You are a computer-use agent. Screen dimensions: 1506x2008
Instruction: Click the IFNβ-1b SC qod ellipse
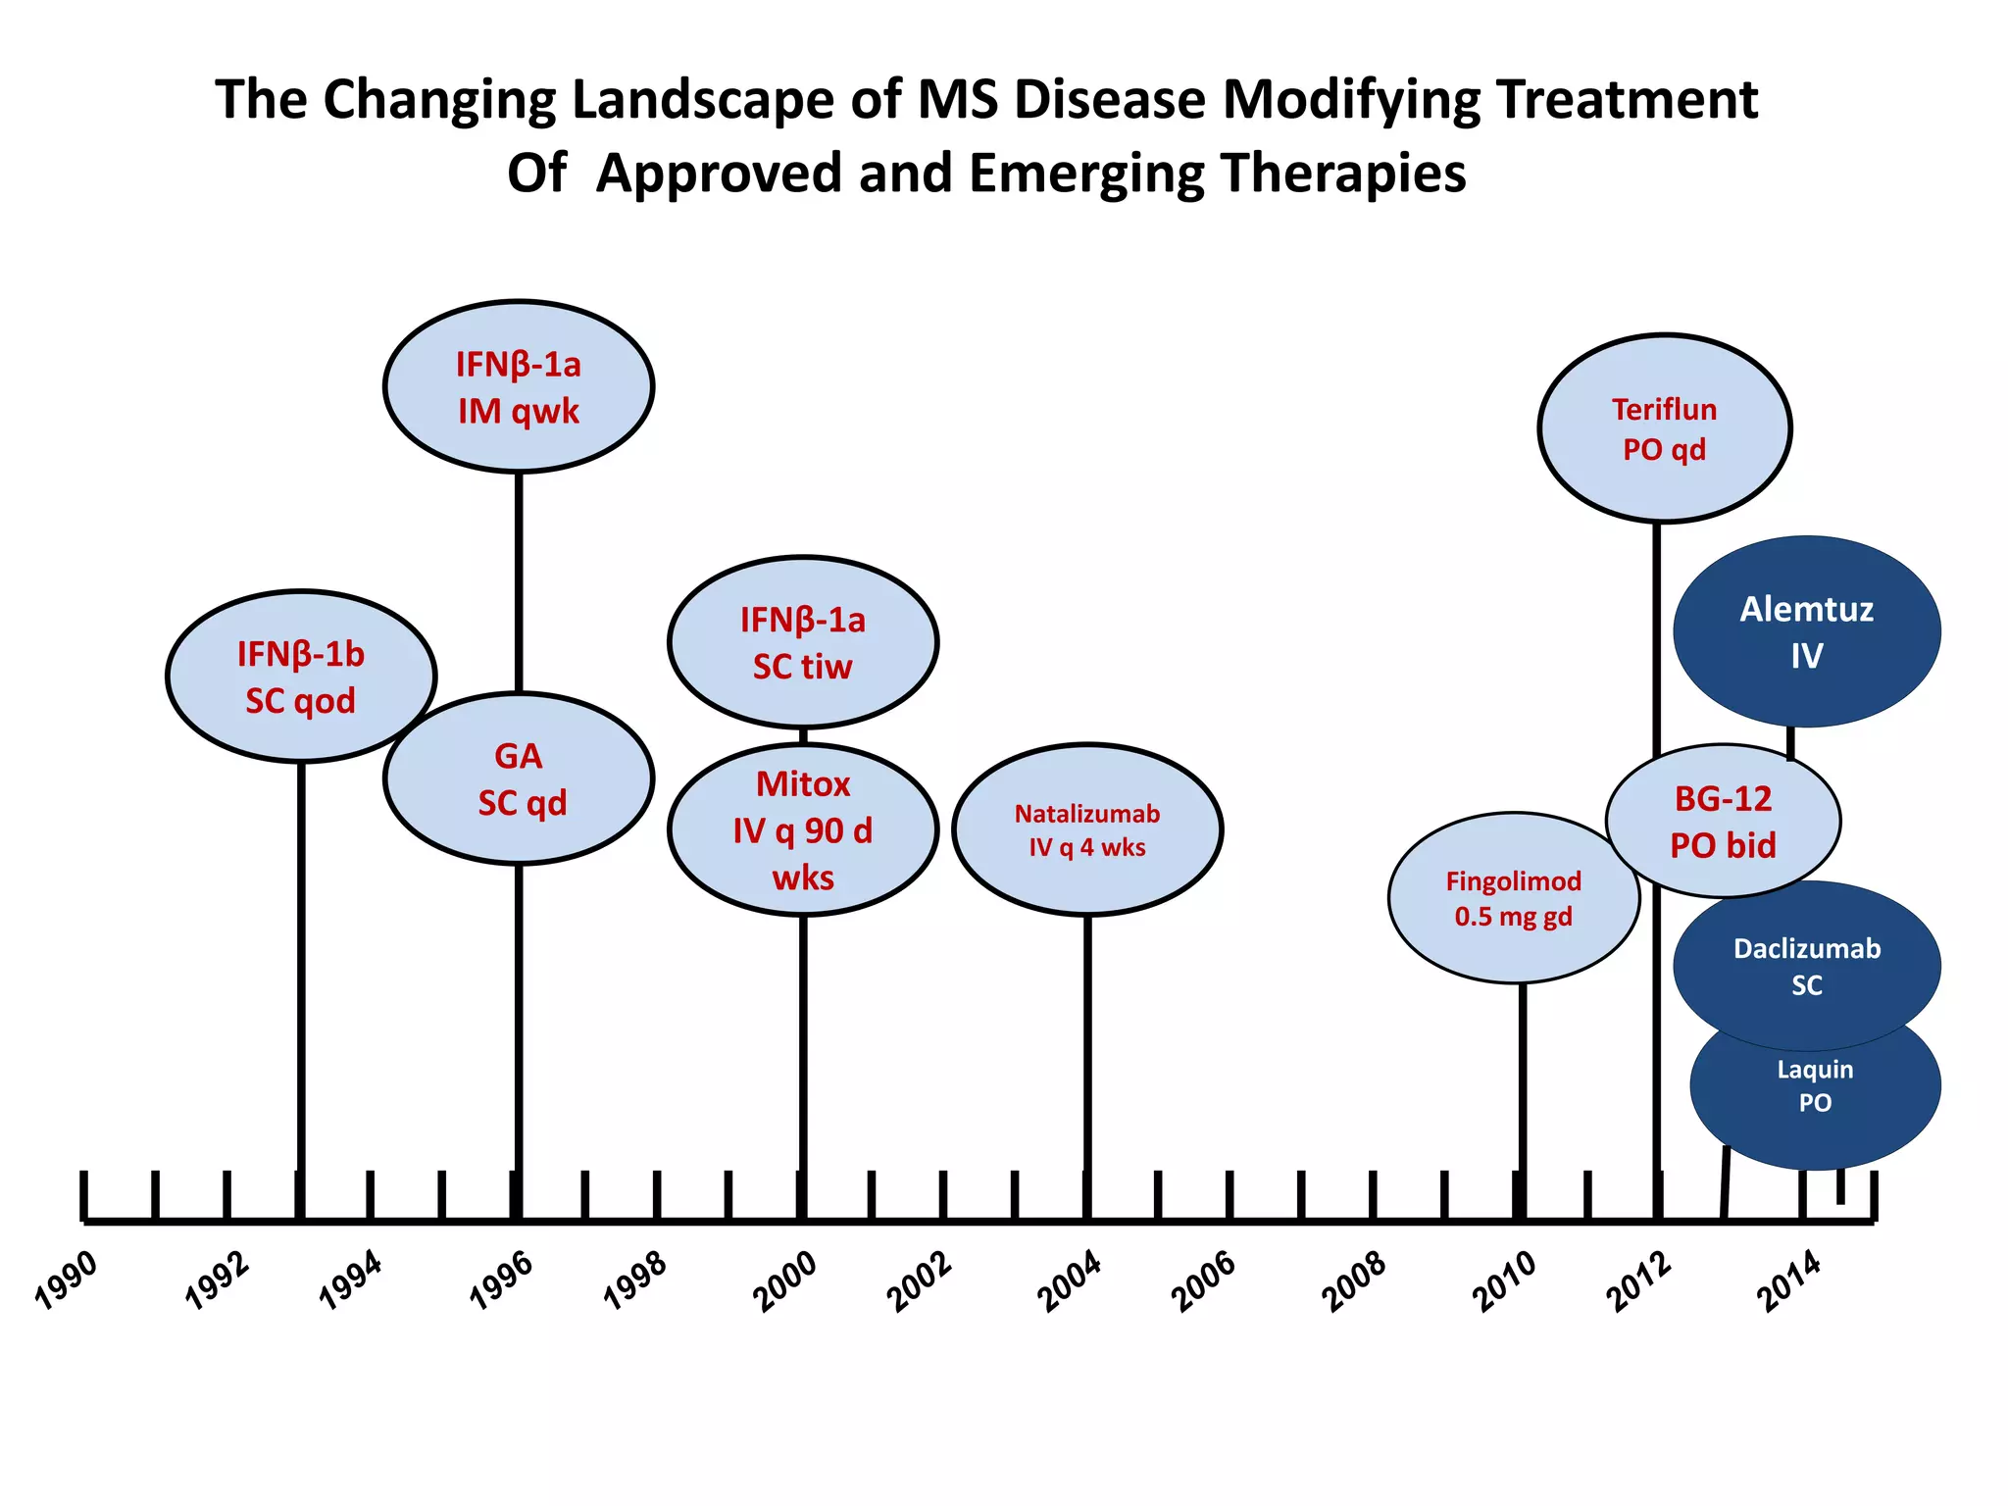pyautogui.click(x=300, y=677)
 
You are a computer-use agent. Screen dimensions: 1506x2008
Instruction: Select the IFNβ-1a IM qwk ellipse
pyautogui.click(x=519, y=386)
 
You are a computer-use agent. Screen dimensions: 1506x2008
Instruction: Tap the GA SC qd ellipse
pyautogui.click(x=520, y=779)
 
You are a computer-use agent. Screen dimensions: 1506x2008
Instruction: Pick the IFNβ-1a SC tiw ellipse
pyautogui.click(x=803, y=642)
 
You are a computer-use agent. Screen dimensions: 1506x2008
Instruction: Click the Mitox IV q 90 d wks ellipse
pyautogui.click(x=803, y=830)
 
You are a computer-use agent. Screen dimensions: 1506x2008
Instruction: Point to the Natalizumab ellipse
pyautogui.click(x=1087, y=830)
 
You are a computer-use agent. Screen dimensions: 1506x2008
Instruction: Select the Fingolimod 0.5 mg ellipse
pyautogui.click(x=1513, y=898)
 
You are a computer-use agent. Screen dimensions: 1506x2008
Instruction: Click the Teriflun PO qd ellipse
pyautogui.click(x=1664, y=428)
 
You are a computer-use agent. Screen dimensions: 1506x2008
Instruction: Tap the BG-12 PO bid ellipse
pyautogui.click(x=1723, y=822)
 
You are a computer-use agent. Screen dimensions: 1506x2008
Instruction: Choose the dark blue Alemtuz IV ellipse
pyautogui.click(x=1806, y=631)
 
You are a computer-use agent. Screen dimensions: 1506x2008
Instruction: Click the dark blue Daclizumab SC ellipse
pyautogui.click(x=1806, y=966)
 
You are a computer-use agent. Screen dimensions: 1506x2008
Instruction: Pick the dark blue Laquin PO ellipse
pyautogui.click(x=1815, y=1098)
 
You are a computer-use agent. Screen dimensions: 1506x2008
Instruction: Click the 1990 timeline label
pyautogui.click(x=67, y=1280)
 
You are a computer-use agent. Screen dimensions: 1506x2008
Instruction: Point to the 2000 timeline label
pyautogui.click(x=784, y=1281)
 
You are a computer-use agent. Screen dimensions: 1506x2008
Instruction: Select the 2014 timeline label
pyautogui.click(x=1788, y=1281)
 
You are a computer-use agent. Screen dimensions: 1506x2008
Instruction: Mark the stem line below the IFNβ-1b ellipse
pyautogui.click(x=301, y=980)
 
